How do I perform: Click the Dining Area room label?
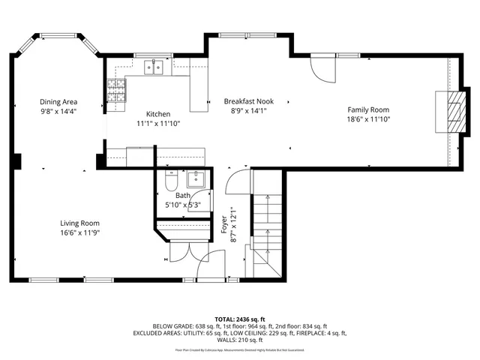pyautogui.click(x=58, y=102)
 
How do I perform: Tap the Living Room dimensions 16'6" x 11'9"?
pyautogui.click(x=79, y=232)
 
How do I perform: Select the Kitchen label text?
pyautogui.click(x=157, y=115)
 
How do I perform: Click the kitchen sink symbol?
pyautogui.click(x=155, y=69)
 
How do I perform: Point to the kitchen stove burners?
pyautogui.click(x=115, y=91)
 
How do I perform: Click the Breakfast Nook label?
pyautogui.click(x=248, y=101)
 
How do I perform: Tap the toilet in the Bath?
pyautogui.click(x=169, y=182)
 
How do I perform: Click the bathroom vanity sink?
pyautogui.click(x=197, y=179)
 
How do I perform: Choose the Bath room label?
pyautogui.click(x=183, y=195)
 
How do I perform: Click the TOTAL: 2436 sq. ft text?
pyautogui.click(x=240, y=319)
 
